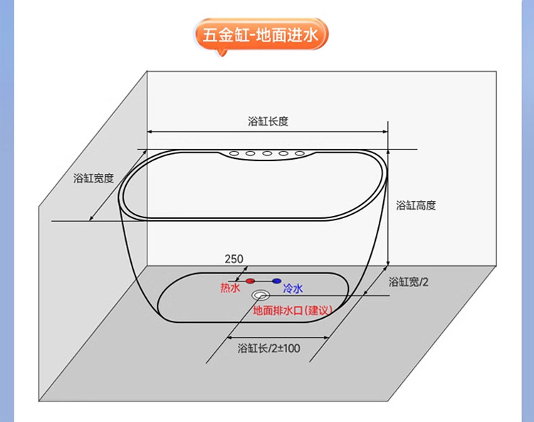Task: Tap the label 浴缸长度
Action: pos(268,121)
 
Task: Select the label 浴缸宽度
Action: pos(93,178)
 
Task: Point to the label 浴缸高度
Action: pos(416,205)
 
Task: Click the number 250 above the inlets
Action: pos(234,259)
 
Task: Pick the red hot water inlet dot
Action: pos(250,281)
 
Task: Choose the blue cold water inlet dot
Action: pos(276,281)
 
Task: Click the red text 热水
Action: pos(230,288)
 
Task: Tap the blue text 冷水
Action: pos(293,288)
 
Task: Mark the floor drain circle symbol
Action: pos(261,294)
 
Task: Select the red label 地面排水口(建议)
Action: pos(293,310)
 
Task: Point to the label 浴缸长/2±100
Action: pos(268,349)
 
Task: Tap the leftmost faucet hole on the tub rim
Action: pos(234,153)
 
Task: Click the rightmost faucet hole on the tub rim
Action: pos(300,153)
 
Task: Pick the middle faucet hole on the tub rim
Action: pos(267,153)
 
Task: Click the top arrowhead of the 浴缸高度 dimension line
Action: pos(388,151)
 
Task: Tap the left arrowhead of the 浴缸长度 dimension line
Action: pos(150,132)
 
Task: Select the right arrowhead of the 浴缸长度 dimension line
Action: pos(384,132)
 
